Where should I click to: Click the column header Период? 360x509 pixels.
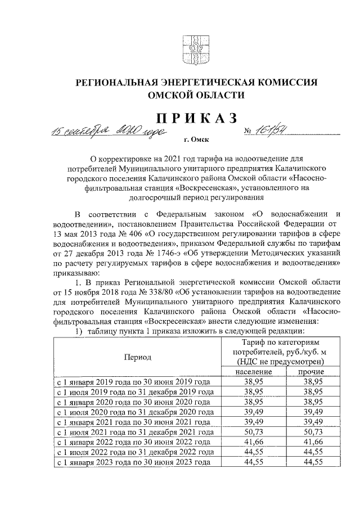click(138, 357)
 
